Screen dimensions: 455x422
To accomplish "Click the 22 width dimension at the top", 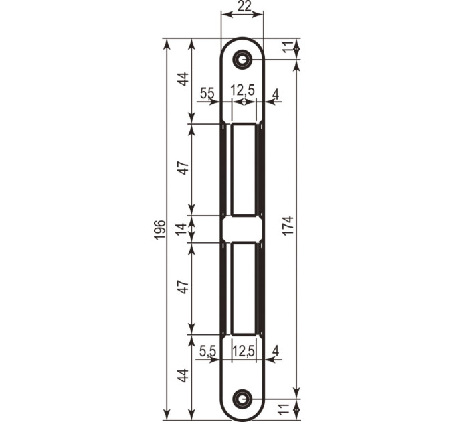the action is click(x=244, y=6).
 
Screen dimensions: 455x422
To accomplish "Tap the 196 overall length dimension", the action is click(x=160, y=230).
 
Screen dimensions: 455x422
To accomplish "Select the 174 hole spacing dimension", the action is click(x=289, y=226).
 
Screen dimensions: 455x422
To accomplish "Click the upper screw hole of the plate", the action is click(x=242, y=60).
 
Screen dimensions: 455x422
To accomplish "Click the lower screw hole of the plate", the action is click(x=242, y=399).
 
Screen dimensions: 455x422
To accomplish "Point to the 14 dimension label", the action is click(x=182, y=229).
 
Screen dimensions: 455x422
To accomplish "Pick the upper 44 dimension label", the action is click(x=183, y=79).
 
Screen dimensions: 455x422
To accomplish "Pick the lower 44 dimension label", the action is click(x=183, y=376).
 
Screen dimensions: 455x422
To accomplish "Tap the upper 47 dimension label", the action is click(x=183, y=168).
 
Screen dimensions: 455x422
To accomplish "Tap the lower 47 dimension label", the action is click(x=183, y=287).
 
